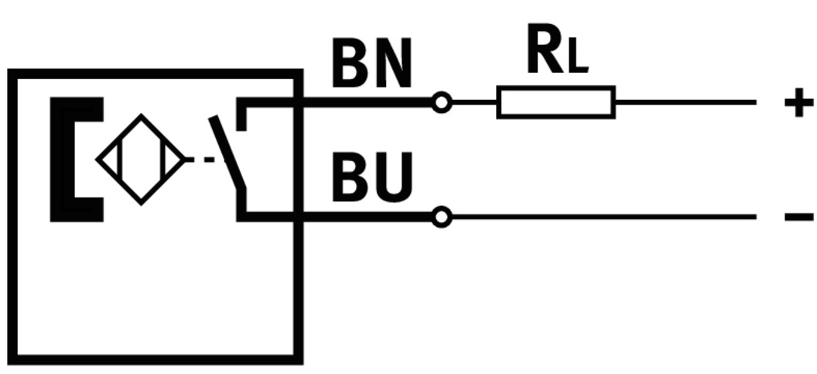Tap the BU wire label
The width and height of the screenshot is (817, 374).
372,177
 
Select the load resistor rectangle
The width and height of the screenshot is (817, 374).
555,102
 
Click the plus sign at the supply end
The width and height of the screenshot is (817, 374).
798,102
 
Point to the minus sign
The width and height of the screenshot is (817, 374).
798,217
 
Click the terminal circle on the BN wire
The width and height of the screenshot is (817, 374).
441,102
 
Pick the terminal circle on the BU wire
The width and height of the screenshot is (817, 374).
441,218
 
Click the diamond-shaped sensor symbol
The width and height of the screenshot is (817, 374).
140,160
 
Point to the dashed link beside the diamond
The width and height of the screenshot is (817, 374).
200,160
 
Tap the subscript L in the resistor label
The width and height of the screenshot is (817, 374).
577,61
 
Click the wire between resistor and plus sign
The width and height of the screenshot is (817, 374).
685,102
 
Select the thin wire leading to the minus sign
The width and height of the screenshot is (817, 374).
603,218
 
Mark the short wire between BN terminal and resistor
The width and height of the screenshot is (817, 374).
473,102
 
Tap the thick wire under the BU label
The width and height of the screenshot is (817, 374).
364,218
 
